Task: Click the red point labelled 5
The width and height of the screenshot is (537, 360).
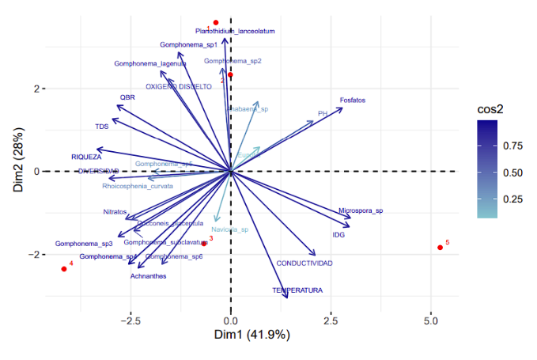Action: tap(440, 248)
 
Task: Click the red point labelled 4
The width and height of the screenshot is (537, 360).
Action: tap(64, 269)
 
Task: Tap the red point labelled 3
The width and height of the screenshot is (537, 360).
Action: tap(203, 244)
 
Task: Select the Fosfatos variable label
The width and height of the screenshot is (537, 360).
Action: tap(353, 100)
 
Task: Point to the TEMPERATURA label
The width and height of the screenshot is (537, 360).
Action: tap(297, 290)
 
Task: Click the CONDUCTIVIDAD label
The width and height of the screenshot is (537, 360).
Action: tap(304, 263)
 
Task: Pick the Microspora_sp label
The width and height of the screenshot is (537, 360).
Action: tap(361, 211)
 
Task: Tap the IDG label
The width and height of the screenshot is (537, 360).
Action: tap(338, 235)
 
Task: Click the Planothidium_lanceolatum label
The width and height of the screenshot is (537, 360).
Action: tap(235, 32)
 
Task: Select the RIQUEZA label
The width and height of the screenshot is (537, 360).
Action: tap(86, 157)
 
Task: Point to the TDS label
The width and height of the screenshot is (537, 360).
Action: tap(102, 127)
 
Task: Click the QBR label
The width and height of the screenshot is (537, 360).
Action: tap(127, 97)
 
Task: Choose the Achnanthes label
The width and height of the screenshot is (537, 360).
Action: tap(148, 276)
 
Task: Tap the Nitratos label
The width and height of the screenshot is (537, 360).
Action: tap(115, 212)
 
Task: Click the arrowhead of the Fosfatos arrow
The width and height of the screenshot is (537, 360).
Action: tap(342, 108)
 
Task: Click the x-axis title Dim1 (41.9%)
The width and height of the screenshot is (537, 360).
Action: tap(252, 335)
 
